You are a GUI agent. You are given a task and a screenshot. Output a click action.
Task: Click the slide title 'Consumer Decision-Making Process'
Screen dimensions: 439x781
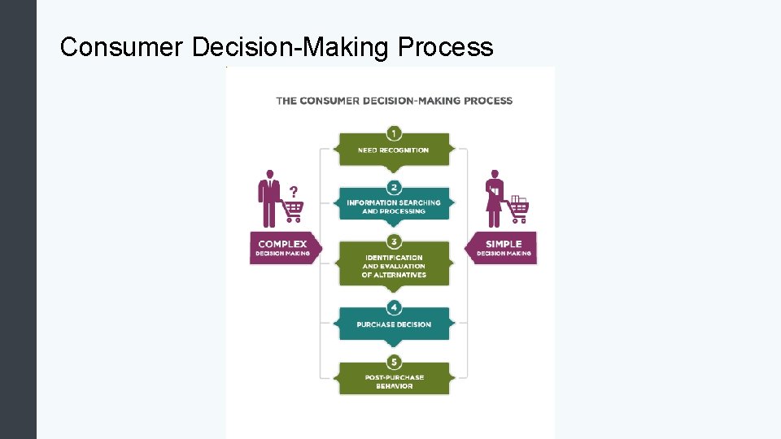[277, 47]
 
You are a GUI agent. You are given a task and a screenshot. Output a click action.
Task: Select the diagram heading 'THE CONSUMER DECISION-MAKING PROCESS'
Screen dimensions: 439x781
[394, 101]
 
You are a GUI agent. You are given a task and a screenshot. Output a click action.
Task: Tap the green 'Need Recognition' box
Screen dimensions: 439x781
[394, 150]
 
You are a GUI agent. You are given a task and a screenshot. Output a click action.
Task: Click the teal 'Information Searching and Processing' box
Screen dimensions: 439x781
[394, 206]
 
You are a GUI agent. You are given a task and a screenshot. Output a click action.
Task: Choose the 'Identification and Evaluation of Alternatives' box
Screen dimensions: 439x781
[394, 266]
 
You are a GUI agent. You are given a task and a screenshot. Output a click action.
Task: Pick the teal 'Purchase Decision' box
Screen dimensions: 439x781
[394, 324]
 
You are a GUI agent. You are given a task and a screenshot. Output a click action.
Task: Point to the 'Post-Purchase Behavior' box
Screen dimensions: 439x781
[394, 381]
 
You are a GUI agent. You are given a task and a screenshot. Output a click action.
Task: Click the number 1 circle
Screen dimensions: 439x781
[394, 132]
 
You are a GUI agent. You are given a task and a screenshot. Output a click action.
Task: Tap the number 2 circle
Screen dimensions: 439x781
[394, 186]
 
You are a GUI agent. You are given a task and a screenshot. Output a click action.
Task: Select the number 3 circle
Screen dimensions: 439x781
[394, 241]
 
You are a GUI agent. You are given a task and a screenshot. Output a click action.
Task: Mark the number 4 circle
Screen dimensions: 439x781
[394, 306]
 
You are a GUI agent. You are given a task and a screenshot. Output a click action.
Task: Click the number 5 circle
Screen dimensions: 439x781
[394, 362]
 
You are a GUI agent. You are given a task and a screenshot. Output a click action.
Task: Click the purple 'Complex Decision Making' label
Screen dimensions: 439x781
[282, 248]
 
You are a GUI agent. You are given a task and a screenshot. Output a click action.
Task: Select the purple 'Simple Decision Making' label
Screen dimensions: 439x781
[504, 248]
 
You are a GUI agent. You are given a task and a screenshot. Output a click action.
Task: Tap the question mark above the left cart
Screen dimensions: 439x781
[294, 191]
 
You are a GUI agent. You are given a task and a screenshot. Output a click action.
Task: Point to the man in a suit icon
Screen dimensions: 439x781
[268, 198]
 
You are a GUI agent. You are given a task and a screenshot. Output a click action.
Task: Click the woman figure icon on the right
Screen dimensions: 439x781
[494, 199]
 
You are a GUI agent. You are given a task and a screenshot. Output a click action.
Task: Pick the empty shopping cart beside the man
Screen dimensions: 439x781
[292, 211]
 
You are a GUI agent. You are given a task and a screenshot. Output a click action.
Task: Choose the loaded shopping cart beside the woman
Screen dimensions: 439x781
[517, 209]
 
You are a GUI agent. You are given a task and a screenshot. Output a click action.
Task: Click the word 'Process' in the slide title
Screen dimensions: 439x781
[446, 47]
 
